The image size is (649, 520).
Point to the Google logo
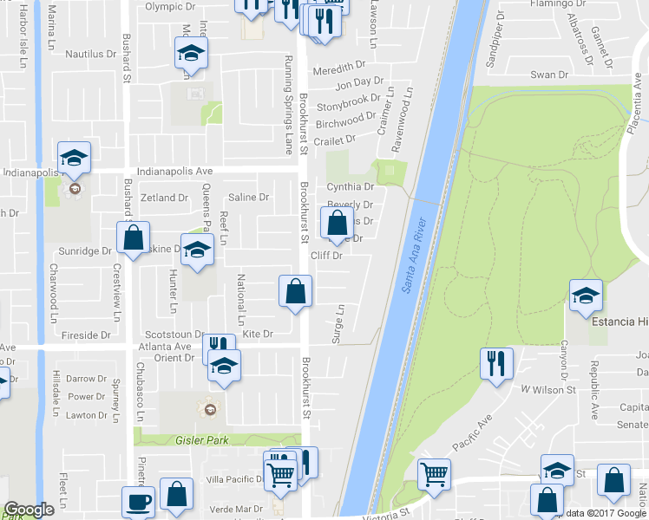pos(29,510)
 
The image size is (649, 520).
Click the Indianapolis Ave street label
pos(174,172)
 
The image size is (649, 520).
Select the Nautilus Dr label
pos(91,54)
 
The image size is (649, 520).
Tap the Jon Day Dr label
pos(359,81)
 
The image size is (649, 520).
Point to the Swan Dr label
pos(548,75)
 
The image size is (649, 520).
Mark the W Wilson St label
pos(548,390)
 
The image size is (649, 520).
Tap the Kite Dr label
pos(258,334)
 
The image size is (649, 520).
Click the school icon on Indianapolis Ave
pos(75,157)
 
